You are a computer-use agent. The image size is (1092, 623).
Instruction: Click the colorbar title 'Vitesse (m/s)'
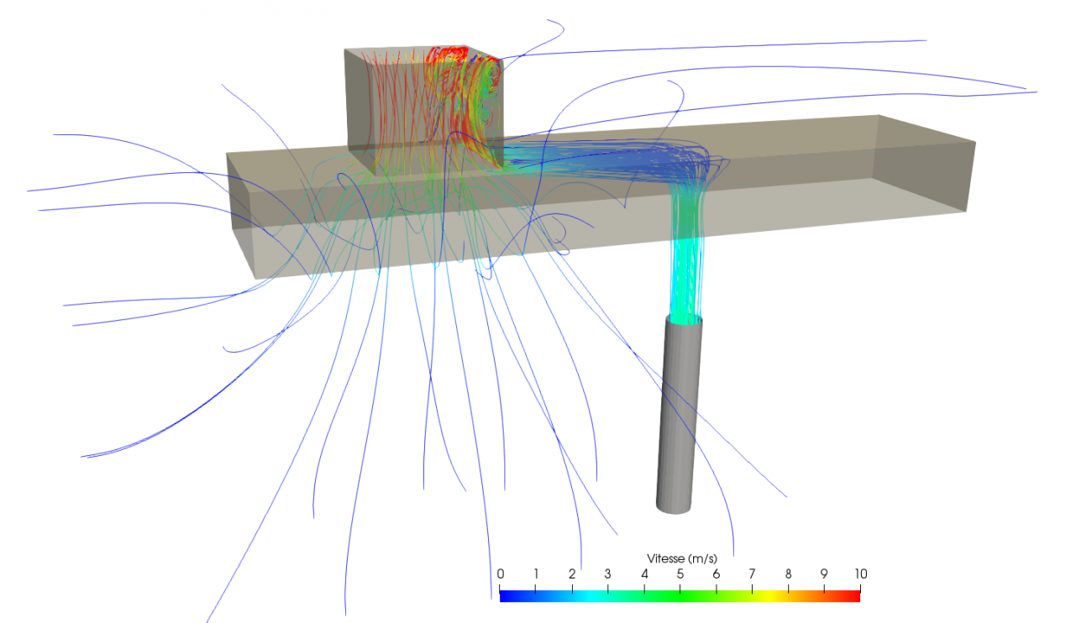click(x=682, y=558)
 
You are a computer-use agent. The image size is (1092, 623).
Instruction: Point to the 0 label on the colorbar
click(x=500, y=573)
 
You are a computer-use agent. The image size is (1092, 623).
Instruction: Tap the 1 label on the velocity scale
click(x=536, y=573)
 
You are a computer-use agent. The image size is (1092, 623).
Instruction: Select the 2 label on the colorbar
click(x=572, y=573)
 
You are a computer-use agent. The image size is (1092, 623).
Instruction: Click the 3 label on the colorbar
click(x=608, y=573)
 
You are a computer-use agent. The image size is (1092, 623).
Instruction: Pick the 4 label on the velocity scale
click(x=644, y=573)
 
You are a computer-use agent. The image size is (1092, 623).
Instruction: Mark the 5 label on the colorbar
click(x=680, y=573)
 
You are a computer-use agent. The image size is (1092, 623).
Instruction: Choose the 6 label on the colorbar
click(x=717, y=573)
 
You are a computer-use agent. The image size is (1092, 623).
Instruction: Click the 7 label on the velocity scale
click(x=752, y=573)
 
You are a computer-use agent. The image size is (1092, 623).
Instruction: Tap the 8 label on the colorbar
click(x=788, y=573)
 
